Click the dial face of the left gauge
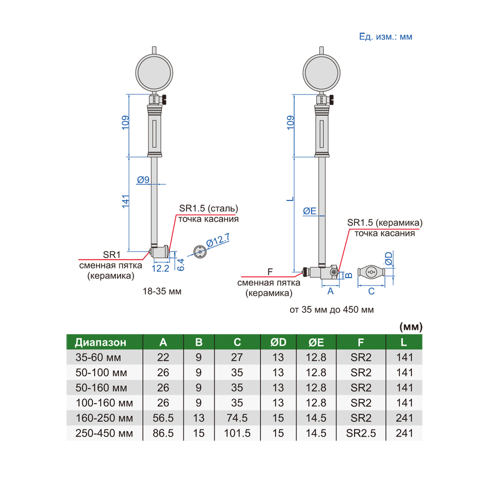(154, 73)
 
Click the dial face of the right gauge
(321, 73)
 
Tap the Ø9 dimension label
(143, 180)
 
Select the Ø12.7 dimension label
(218, 240)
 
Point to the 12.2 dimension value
(160, 268)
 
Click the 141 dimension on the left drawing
(126, 201)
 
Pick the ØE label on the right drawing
(309, 211)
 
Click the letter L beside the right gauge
(290, 199)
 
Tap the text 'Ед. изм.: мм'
(386, 37)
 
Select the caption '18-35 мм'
(162, 291)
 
